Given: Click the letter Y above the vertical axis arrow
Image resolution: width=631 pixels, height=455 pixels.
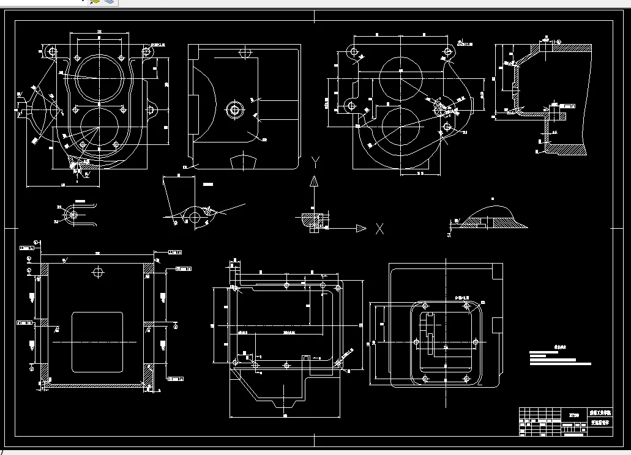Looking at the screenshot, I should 315,161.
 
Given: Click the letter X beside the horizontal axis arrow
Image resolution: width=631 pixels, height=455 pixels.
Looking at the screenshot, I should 379,229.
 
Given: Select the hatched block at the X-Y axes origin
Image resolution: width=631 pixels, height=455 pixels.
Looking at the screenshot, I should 312,220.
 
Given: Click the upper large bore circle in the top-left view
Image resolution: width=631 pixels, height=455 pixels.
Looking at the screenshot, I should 99,78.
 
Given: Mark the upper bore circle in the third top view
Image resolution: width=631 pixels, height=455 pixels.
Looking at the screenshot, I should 401,75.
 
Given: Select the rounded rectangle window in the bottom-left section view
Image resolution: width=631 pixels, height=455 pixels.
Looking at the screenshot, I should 97,342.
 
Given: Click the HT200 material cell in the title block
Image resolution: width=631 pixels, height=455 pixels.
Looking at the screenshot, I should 573,414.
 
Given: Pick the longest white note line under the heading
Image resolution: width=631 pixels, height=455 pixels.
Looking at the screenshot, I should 560,364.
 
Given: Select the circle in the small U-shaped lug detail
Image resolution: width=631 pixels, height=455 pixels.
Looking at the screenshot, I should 74,215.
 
